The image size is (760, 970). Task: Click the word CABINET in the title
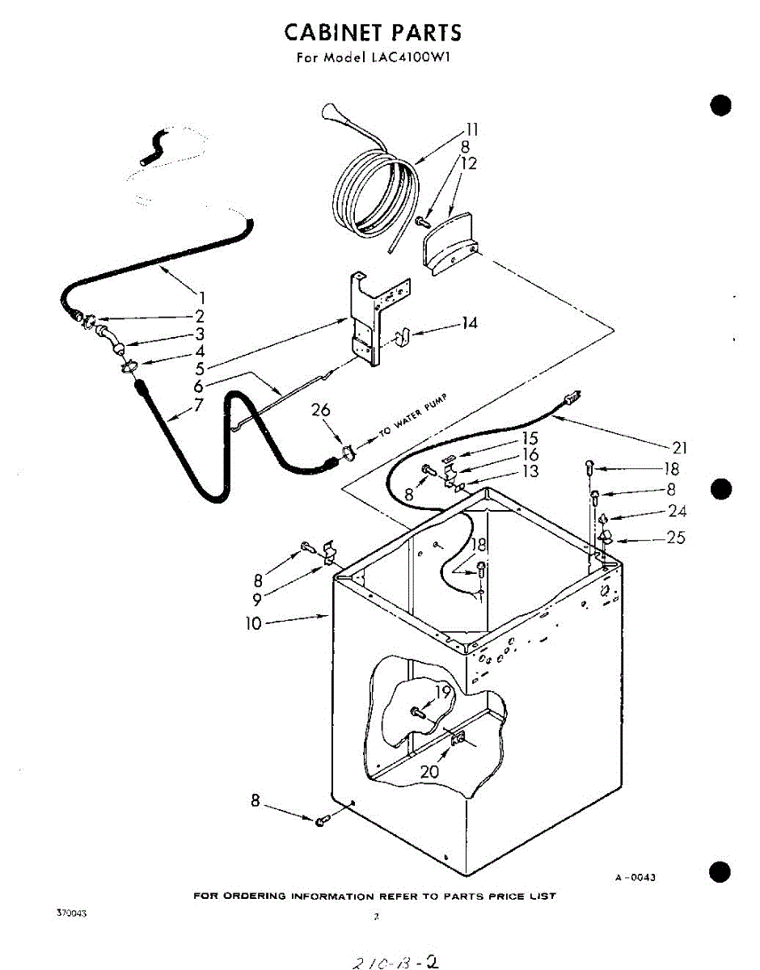[x=334, y=32]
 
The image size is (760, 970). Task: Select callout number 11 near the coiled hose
[x=471, y=129]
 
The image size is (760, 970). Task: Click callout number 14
[x=469, y=323]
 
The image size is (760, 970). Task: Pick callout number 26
[x=321, y=411]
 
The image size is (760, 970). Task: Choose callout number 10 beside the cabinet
[x=254, y=623]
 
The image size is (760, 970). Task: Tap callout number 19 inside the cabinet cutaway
[x=442, y=692]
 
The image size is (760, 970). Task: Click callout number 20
[x=429, y=772]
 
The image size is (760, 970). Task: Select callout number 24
[x=677, y=512]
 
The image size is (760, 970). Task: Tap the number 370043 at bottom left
[x=71, y=913]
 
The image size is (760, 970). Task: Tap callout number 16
[x=530, y=455]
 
